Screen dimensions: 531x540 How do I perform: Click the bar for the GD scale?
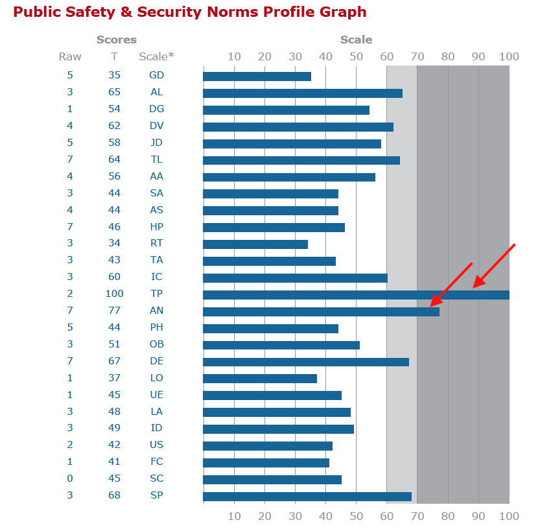(x=257, y=77)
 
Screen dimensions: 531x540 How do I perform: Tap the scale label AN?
(x=156, y=311)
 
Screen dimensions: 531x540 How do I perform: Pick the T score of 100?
(x=114, y=294)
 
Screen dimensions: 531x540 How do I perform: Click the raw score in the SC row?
(x=70, y=478)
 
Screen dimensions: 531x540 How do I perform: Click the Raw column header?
(x=70, y=56)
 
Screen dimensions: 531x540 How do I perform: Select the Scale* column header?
(x=156, y=56)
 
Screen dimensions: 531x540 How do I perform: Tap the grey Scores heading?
(x=117, y=40)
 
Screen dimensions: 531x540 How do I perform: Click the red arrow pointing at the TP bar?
(x=494, y=265)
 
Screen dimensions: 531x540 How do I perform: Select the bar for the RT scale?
(x=255, y=244)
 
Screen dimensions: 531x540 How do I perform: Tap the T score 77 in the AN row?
(x=114, y=311)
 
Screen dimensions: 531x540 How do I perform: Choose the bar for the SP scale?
(x=307, y=497)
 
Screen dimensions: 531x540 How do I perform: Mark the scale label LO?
(x=156, y=378)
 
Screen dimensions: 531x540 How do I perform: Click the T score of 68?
(x=114, y=495)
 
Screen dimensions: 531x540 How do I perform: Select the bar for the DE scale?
(x=305, y=362)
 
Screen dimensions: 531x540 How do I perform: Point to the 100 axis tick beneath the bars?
(x=508, y=516)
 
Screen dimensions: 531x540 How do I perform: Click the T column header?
(x=114, y=56)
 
